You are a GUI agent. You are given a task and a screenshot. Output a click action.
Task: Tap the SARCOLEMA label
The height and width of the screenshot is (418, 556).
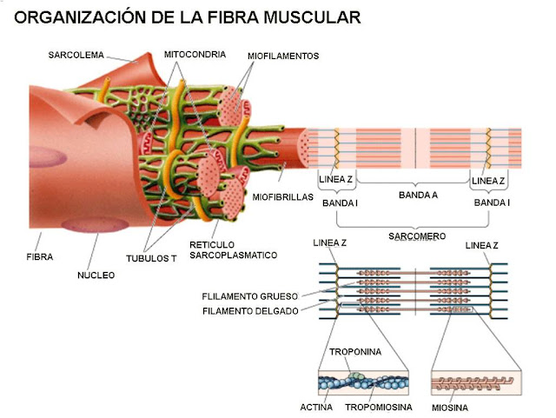click(x=76, y=56)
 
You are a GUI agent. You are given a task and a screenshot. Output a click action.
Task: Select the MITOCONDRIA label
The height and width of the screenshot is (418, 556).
click(x=195, y=54)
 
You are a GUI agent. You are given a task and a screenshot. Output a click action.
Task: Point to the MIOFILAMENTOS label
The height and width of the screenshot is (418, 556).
click(x=283, y=56)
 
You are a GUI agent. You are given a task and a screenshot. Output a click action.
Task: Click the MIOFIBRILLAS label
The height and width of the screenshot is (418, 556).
click(x=282, y=197)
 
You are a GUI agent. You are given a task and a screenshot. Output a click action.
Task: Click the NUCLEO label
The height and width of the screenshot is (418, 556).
click(x=96, y=275)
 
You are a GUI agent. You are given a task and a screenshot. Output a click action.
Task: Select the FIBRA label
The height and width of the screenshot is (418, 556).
click(x=39, y=257)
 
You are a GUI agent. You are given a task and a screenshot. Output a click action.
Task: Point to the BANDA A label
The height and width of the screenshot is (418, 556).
click(x=418, y=196)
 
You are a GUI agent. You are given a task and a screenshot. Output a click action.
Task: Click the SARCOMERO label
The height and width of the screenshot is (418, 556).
click(x=417, y=236)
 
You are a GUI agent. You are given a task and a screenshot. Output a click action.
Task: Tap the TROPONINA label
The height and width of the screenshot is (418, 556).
click(x=352, y=352)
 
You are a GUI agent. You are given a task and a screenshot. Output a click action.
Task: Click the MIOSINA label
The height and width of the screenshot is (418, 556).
click(x=451, y=406)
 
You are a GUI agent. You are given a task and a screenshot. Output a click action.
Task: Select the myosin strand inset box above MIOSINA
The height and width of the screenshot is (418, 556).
click(x=474, y=382)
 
